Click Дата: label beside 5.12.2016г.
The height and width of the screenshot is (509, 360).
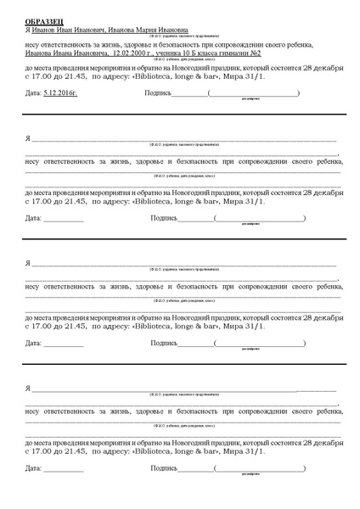(33, 92)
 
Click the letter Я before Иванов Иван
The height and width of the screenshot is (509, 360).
(28, 27)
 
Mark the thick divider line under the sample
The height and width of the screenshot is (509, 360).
(180, 113)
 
